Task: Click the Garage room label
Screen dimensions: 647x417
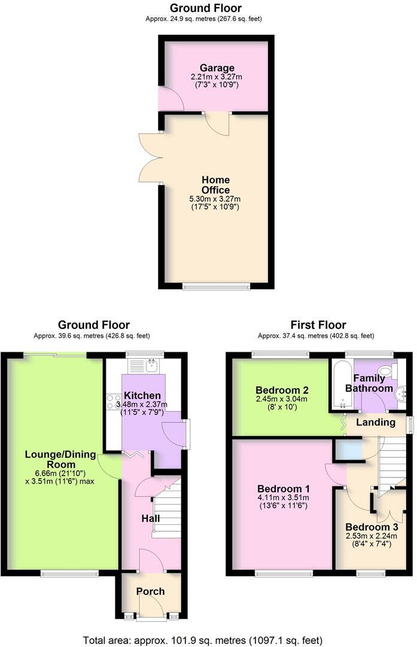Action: pos(217,68)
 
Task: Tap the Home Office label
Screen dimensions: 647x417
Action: pos(215,185)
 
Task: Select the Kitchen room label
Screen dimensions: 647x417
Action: pos(142,395)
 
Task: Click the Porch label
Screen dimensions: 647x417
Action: pos(151,591)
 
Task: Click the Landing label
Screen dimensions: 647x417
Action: pos(376,422)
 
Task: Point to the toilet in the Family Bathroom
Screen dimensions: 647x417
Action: pos(387,372)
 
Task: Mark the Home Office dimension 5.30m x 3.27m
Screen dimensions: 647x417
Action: pos(215,199)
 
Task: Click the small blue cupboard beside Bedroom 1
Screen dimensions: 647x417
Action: pos(348,449)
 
